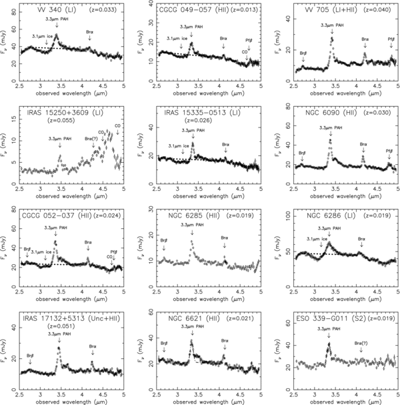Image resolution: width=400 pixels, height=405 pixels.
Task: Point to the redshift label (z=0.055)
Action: pos(65,121)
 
